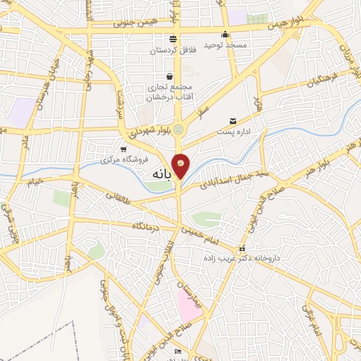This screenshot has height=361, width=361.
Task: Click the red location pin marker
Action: coord(180,164)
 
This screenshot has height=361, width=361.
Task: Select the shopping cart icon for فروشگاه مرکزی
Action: coord(124,149)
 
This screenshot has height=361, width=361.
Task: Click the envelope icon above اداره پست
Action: coord(233,121)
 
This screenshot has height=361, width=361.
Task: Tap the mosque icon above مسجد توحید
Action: coord(225,34)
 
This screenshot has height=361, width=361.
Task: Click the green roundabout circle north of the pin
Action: coord(179,129)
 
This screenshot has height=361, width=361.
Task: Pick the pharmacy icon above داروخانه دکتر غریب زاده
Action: coord(242,249)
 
